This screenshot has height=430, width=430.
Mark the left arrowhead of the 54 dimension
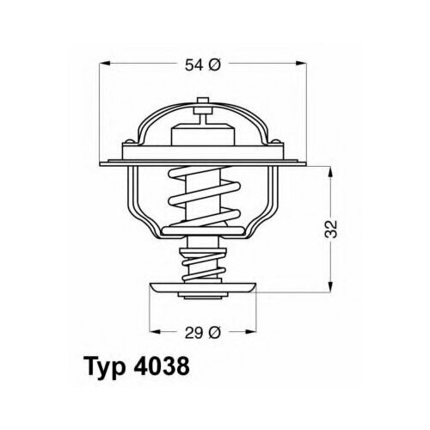pyautogui.click(x=104, y=64)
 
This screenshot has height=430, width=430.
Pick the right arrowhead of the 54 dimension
pyautogui.click(x=304, y=64)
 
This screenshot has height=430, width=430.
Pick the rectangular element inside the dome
pyautogui.click(x=203, y=138)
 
